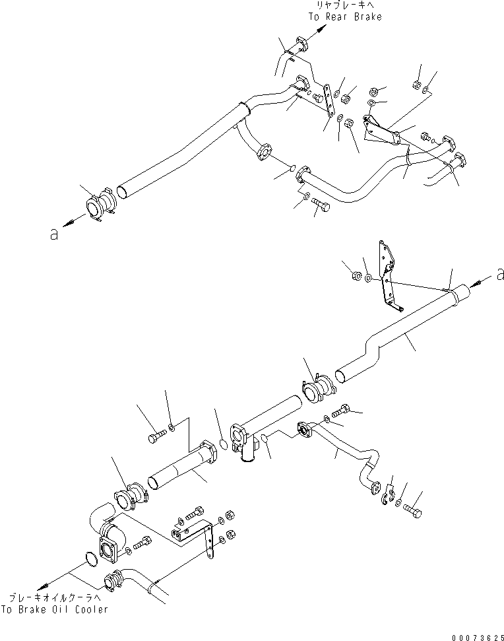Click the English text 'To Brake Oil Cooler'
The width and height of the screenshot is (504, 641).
[54, 610]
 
